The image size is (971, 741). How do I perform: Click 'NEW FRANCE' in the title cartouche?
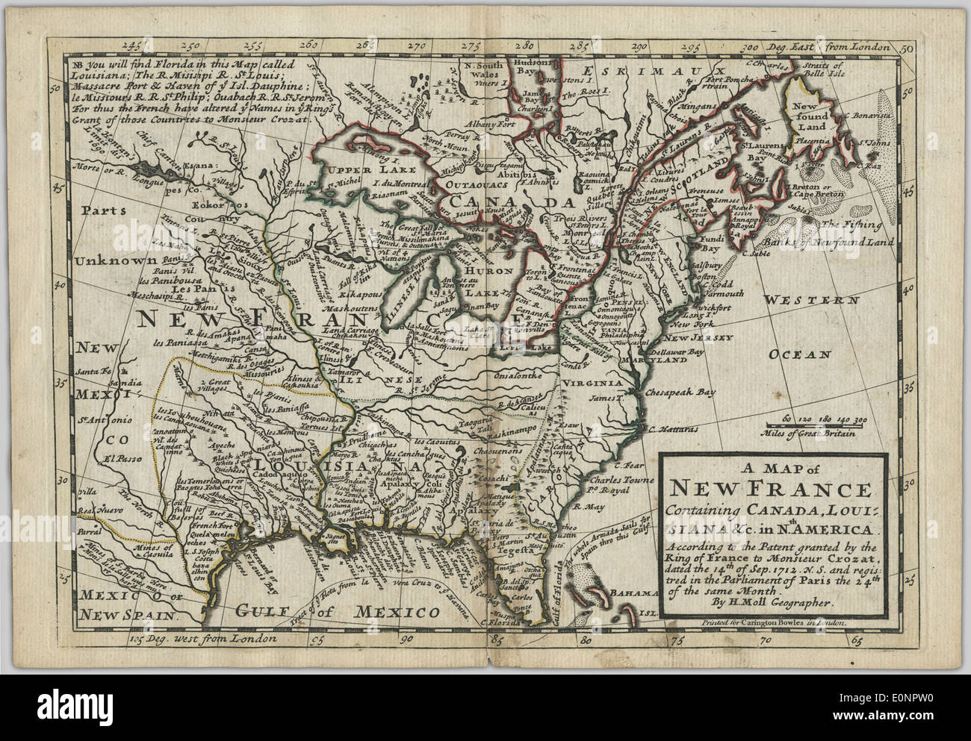pos(770,490)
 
